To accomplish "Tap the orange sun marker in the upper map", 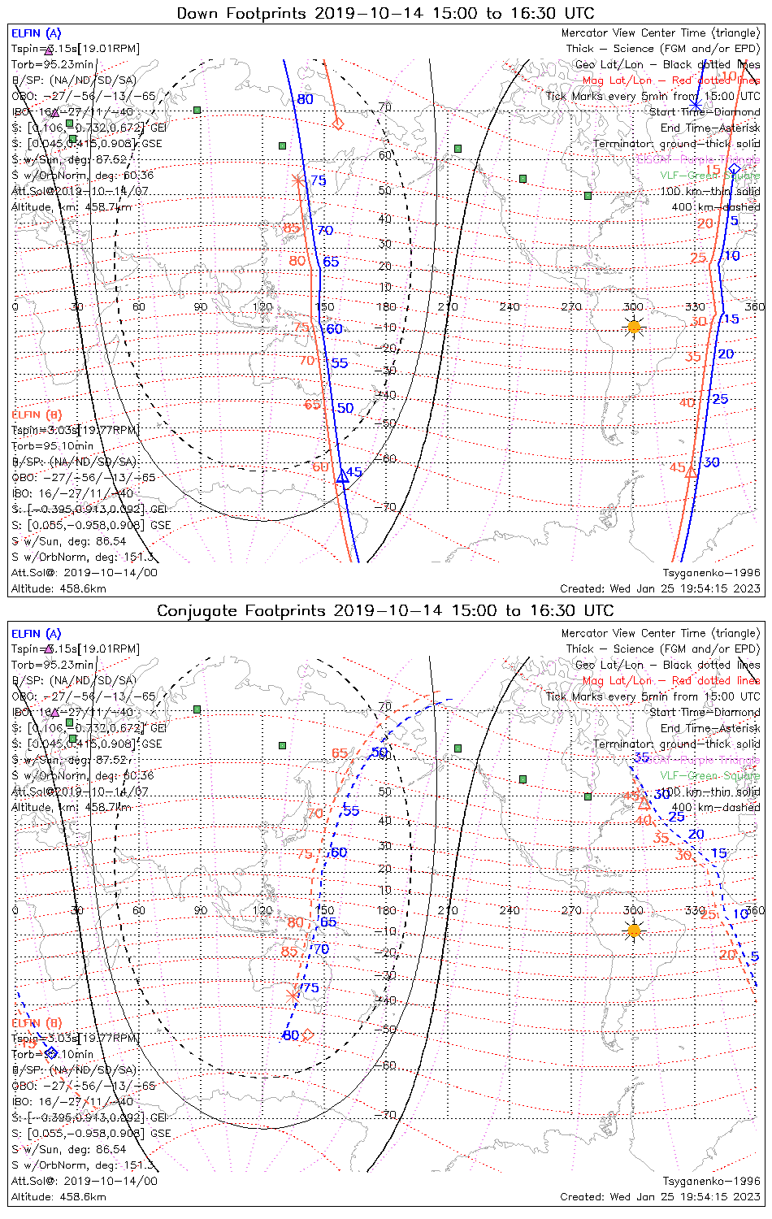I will coord(634,327).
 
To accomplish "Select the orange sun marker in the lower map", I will coord(634,931).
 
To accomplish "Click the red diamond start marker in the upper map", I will coord(338,124).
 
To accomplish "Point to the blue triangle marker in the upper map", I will coord(342,479).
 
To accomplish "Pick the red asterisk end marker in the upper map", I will coord(297,180).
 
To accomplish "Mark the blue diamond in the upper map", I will coord(735,169).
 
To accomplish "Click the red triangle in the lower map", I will coord(644,804).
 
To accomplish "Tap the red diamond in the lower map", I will coord(307,1035).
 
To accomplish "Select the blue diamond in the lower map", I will coord(51,1052).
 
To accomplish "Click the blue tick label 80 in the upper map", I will coord(305,100).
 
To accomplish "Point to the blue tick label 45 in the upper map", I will coord(353,472).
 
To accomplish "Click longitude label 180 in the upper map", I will coord(386,306).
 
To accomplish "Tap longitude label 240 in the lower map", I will coord(510,910).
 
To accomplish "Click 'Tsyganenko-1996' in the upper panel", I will coord(711,573).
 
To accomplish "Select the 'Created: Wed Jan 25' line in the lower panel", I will coord(660,1196).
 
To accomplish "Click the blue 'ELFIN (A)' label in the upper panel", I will coord(36,33).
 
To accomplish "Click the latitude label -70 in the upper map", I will coord(387,507).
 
